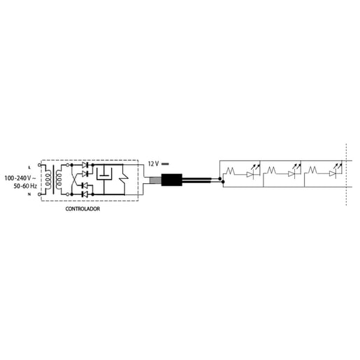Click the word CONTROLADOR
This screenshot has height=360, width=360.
point(82,209)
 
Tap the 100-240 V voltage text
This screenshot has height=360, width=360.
point(20,178)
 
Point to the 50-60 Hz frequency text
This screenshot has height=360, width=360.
point(25,186)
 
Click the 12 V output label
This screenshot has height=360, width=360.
point(153,164)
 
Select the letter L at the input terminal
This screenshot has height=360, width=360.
point(29,168)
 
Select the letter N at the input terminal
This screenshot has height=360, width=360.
point(29,194)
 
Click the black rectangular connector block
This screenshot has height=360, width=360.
point(172,180)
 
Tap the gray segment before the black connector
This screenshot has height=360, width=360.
point(155,180)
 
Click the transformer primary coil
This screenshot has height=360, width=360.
point(48,180)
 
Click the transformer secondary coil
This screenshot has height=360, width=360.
point(58,180)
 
